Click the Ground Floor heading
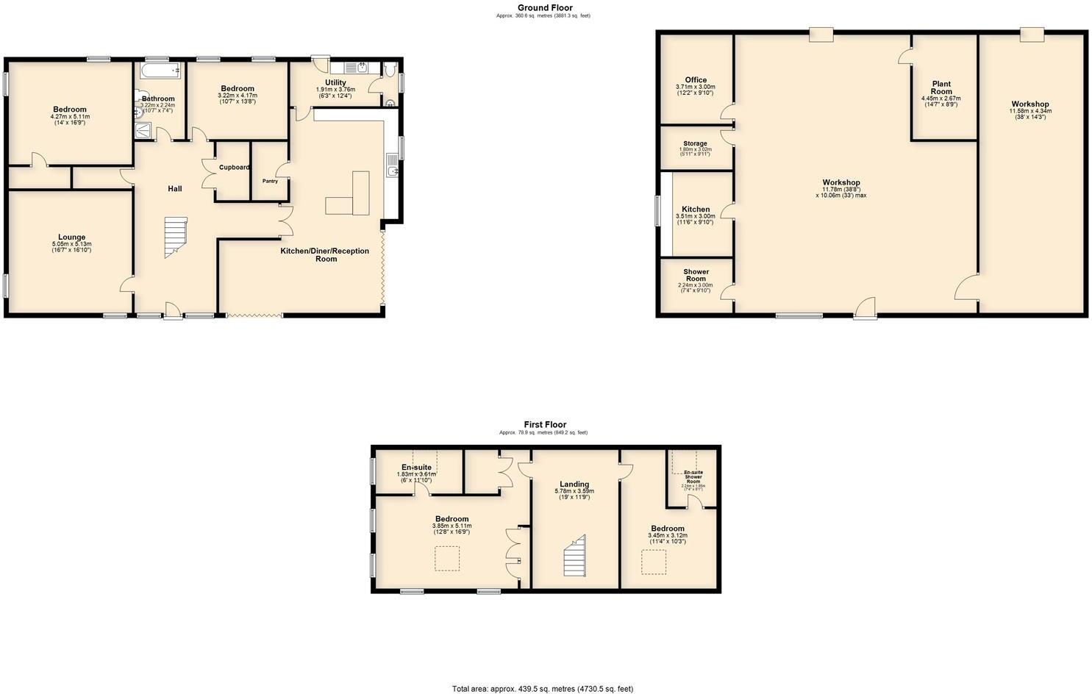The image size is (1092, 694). (544, 8)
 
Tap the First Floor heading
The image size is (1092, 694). (545, 424)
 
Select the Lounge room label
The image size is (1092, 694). (71, 237)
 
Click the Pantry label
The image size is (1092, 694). (270, 181)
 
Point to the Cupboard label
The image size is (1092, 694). (234, 168)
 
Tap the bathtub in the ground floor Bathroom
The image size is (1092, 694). (160, 71)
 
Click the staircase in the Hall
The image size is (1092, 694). (175, 236)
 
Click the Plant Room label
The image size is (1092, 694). (941, 87)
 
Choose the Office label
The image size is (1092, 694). (696, 80)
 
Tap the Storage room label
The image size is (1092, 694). (695, 143)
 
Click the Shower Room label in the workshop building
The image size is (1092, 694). (696, 275)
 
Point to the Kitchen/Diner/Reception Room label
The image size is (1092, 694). (325, 254)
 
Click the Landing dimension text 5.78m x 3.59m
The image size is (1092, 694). (574, 491)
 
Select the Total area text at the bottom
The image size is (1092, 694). (542, 689)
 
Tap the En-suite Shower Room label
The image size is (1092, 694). (693, 476)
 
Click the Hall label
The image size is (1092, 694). (174, 189)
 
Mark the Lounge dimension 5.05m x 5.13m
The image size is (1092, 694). (71, 244)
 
